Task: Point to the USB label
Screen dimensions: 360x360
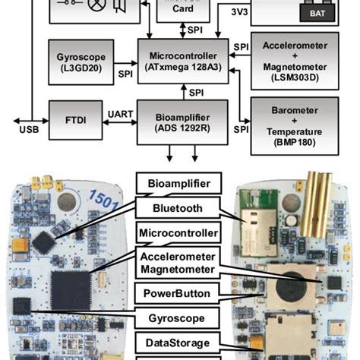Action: click(27, 128)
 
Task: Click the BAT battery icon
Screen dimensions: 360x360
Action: click(312, 13)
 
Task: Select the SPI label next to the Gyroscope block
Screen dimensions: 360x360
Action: click(125, 74)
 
